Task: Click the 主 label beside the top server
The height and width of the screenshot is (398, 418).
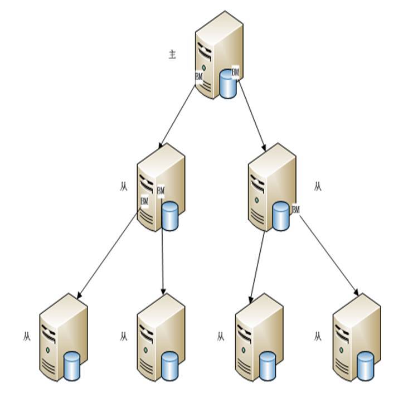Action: pos(173,54)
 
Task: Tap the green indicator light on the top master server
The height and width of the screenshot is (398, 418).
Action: pos(204,68)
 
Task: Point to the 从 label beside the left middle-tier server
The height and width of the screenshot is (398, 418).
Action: pos(124,186)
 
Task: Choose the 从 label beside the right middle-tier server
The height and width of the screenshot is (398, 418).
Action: pos(318,186)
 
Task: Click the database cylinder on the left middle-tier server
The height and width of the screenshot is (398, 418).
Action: pos(169,216)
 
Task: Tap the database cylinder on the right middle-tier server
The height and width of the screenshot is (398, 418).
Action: pos(281,216)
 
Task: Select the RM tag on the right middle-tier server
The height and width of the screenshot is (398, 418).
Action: pos(295,210)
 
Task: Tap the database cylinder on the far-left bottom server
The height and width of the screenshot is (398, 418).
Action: pos(72,366)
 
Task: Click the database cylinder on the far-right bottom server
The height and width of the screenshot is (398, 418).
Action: pos(365,366)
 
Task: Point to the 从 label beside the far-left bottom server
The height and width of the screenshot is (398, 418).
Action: pos(27,337)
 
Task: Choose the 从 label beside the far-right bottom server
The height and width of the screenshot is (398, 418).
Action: pos(318,337)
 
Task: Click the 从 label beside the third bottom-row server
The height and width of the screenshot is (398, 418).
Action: pos(221,337)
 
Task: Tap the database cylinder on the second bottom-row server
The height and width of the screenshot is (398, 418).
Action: pos(169,366)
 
